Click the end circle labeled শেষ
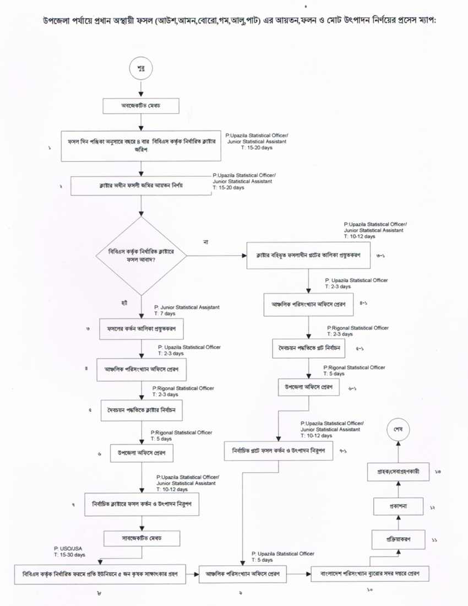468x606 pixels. coord(398,428)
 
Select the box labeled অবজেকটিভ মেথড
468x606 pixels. coord(142,105)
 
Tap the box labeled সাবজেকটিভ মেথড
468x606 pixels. coord(142,536)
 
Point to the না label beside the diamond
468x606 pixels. coord(205,242)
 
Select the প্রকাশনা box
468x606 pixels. coord(398,505)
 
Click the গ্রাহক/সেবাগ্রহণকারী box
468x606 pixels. coord(398,472)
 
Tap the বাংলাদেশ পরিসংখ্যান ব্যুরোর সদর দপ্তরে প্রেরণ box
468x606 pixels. coord(371,573)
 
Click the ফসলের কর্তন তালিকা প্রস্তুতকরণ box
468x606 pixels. coord(142,329)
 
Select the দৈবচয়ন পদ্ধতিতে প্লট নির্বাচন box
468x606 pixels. coord(308,349)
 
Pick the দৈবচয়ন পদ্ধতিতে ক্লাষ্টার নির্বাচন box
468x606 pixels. coord(142,410)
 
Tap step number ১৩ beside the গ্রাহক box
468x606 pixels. coord(438,472)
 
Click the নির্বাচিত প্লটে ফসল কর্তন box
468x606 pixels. coord(275,451)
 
